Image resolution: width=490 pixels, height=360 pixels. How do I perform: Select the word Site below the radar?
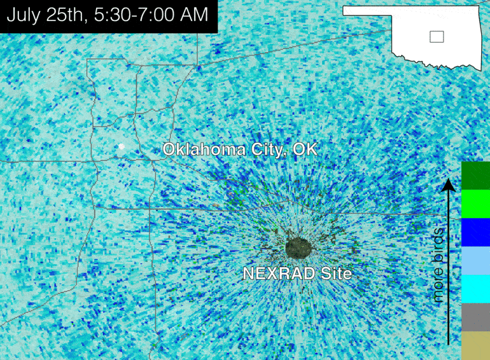[x=336, y=274]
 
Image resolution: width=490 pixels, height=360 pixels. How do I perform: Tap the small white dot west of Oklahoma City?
[x=120, y=147]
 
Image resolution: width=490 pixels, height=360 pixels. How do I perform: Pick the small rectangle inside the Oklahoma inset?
[x=437, y=37]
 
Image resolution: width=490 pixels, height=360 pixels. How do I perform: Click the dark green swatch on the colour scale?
[x=475, y=175]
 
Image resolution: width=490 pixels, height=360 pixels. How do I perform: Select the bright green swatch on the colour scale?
[x=475, y=204]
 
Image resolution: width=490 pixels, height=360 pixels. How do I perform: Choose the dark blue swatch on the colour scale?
[x=475, y=232]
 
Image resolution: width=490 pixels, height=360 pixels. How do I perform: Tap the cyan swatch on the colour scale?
[x=475, y=288]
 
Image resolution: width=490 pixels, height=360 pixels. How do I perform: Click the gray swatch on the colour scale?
[x=475, y=317]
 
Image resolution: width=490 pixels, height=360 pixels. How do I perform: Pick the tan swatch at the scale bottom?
[x=475, y=345]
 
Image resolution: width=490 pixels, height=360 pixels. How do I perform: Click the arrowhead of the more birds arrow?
[x=449, y=184]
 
